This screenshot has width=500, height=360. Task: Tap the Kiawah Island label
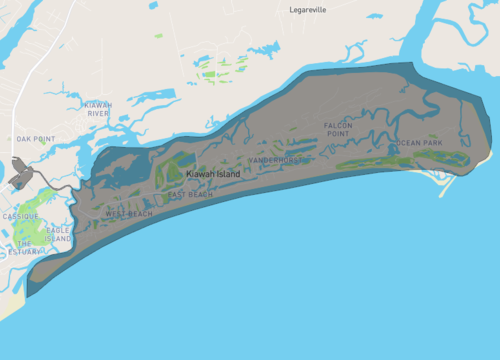pos(213,174)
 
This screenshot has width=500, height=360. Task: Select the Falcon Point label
pos(338,130)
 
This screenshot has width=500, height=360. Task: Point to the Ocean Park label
pos(420,143)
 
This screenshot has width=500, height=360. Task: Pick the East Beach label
pos(190,194)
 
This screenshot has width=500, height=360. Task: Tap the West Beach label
pos(129,214)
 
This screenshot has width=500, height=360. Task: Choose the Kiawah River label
pos(98,109)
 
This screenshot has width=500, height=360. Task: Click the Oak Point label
pos(35,139)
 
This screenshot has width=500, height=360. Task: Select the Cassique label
pos(20,216)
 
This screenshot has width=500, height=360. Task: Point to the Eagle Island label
pos(58,235)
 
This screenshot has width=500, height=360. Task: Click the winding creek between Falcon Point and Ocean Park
pos(378,135)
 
